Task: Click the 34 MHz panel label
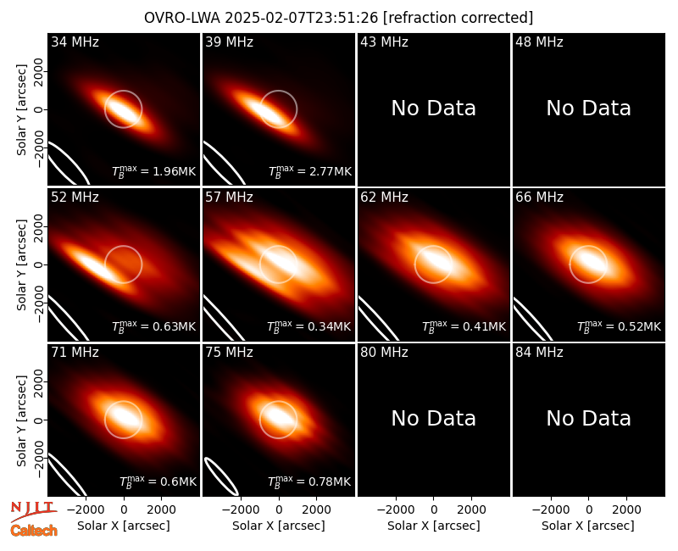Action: (75, 42)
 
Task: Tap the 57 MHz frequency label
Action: (229, 198)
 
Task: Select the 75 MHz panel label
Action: (229, 353)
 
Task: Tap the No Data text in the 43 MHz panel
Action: (434, 109)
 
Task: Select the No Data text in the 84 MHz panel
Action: (588, 418)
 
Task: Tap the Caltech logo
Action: (34, 531)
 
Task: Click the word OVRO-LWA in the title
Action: (182, 18)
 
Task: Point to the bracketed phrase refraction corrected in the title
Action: (458, 18)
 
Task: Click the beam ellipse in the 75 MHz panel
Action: (221, 476)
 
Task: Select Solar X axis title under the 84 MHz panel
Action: (588, 526)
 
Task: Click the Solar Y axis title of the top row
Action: (22, 110)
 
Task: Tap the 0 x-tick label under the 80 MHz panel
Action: (434, 510)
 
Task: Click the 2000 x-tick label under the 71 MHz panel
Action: (161, 510)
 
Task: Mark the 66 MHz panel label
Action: (539, 198)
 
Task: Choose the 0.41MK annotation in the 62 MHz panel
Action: (464, 326)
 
